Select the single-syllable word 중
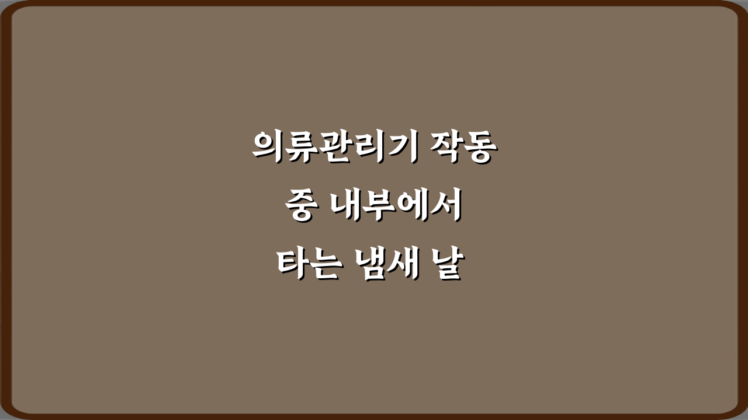coord(299,206)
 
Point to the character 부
coord(379,206)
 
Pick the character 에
coord(412,206)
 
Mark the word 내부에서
coord(396,206)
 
